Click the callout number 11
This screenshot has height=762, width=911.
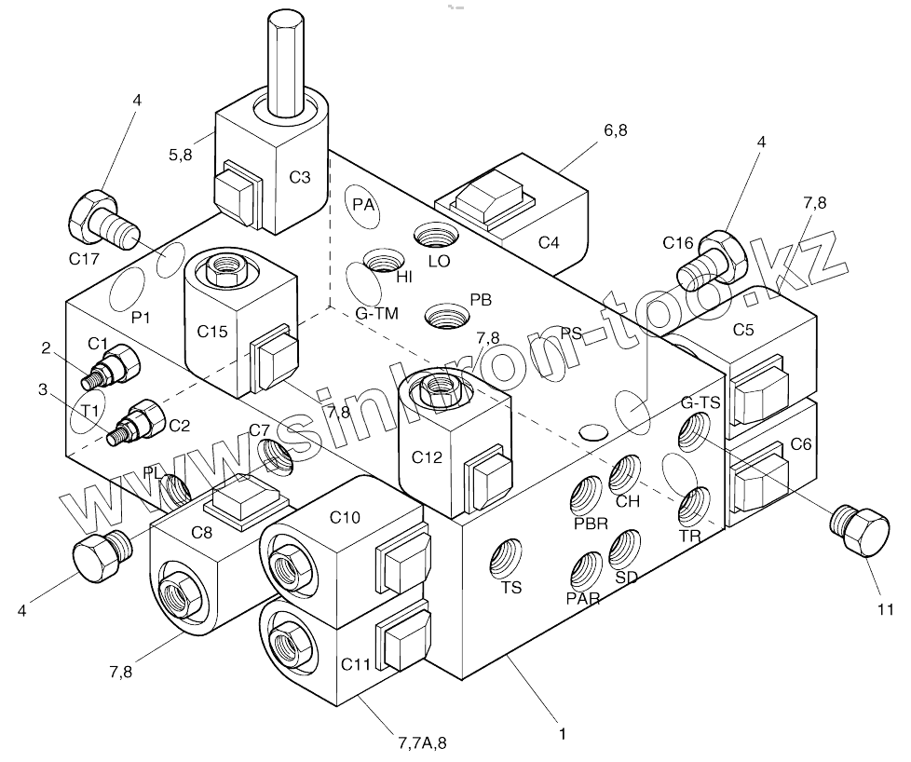click(x=884, y=610)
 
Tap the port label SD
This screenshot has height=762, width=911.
click(x=627, y=577)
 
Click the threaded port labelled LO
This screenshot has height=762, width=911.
click(x=432, y=238)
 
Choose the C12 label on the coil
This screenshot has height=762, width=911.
click(x=426, y=457)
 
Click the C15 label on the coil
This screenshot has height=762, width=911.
click(x=211, y=330)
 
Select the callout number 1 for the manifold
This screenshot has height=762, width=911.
click(x=562, y=734)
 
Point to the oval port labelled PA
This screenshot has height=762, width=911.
click(x=363, y=203)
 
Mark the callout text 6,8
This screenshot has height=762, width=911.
click(x=616, y=130)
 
